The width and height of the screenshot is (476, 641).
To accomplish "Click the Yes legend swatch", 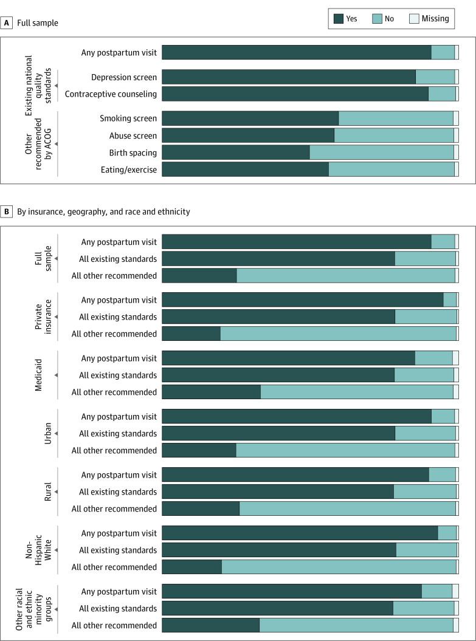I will tap(339, 19).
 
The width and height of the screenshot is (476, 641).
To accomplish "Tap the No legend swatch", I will tap(377, 19).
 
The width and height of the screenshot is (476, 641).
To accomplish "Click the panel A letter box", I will tap(7, 22).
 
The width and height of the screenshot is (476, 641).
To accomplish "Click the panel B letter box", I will tap(7, 211).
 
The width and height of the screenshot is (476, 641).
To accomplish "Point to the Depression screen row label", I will tap(124, 77).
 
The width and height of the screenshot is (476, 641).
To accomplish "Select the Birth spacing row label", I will tap(133, 153).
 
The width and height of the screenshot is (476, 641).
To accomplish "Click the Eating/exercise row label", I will tap(128, 170).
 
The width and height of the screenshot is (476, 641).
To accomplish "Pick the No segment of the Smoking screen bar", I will tap(395, 118).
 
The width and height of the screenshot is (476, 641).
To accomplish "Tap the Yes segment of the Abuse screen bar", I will tap(248, 135).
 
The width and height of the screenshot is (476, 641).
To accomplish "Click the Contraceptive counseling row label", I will tap(111, 94).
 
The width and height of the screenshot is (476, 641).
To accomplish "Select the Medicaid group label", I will tap(38, 375).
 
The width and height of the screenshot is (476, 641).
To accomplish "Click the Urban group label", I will tap(47, 433).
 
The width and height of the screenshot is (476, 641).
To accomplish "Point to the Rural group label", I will tap(47, 492).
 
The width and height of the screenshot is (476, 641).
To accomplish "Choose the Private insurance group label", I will tap(43, 317).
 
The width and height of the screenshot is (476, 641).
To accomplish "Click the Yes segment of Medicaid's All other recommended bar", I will tap(211, 392).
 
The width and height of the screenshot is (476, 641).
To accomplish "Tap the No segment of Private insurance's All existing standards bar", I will tap(426, 317).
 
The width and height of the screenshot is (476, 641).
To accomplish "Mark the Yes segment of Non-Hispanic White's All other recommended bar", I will tap(191, 567).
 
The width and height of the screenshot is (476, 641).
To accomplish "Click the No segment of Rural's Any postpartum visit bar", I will tap(442, 475).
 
